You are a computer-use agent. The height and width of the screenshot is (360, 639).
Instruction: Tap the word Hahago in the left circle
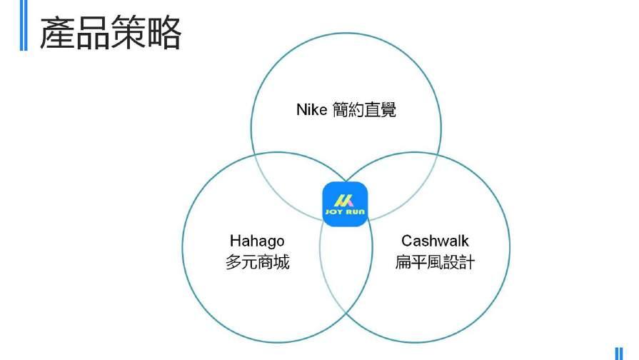point(257,241)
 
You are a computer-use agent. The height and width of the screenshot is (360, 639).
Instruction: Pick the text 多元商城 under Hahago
point(257,262)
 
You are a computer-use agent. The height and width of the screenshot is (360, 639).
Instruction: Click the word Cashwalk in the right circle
point(435,241)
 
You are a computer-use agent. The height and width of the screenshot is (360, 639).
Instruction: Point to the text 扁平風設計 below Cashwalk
point(435,262)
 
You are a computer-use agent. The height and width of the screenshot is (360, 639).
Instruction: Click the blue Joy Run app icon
point(346,204)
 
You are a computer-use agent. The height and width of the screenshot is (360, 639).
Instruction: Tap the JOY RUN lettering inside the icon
point(346,213)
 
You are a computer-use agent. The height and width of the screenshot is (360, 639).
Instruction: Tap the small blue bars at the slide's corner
point(619,353)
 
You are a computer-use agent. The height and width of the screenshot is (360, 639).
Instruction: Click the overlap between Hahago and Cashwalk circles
point(346,271)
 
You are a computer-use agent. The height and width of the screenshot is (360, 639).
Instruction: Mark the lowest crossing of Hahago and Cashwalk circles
point(346,313)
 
